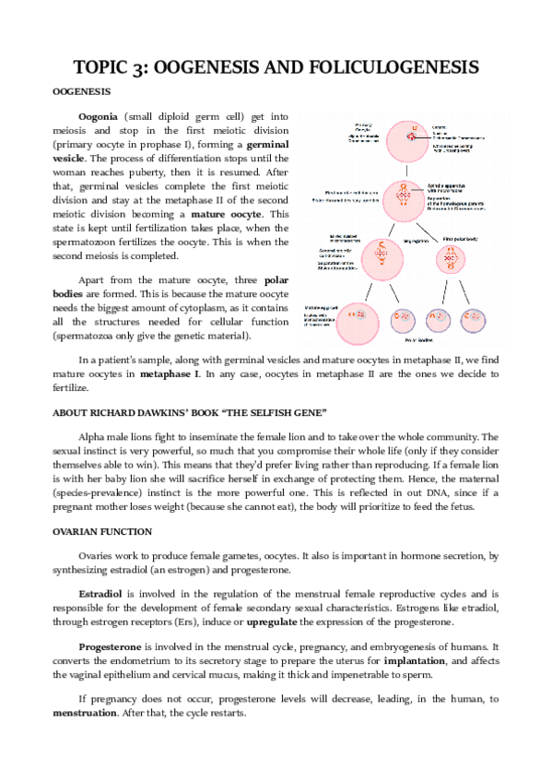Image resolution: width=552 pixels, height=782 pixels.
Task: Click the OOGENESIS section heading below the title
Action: click(x=80, y=92)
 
